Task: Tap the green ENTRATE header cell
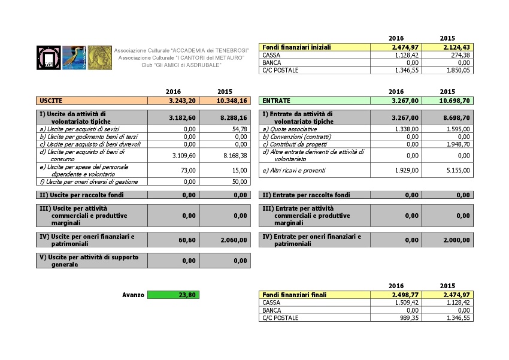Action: point(314,101)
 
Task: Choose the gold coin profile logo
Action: point(100,58)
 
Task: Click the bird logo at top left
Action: point(74,58)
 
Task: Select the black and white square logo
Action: point(48,58)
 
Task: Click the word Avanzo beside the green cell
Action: point(133,295)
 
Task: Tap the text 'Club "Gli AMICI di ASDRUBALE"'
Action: point(180,65)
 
